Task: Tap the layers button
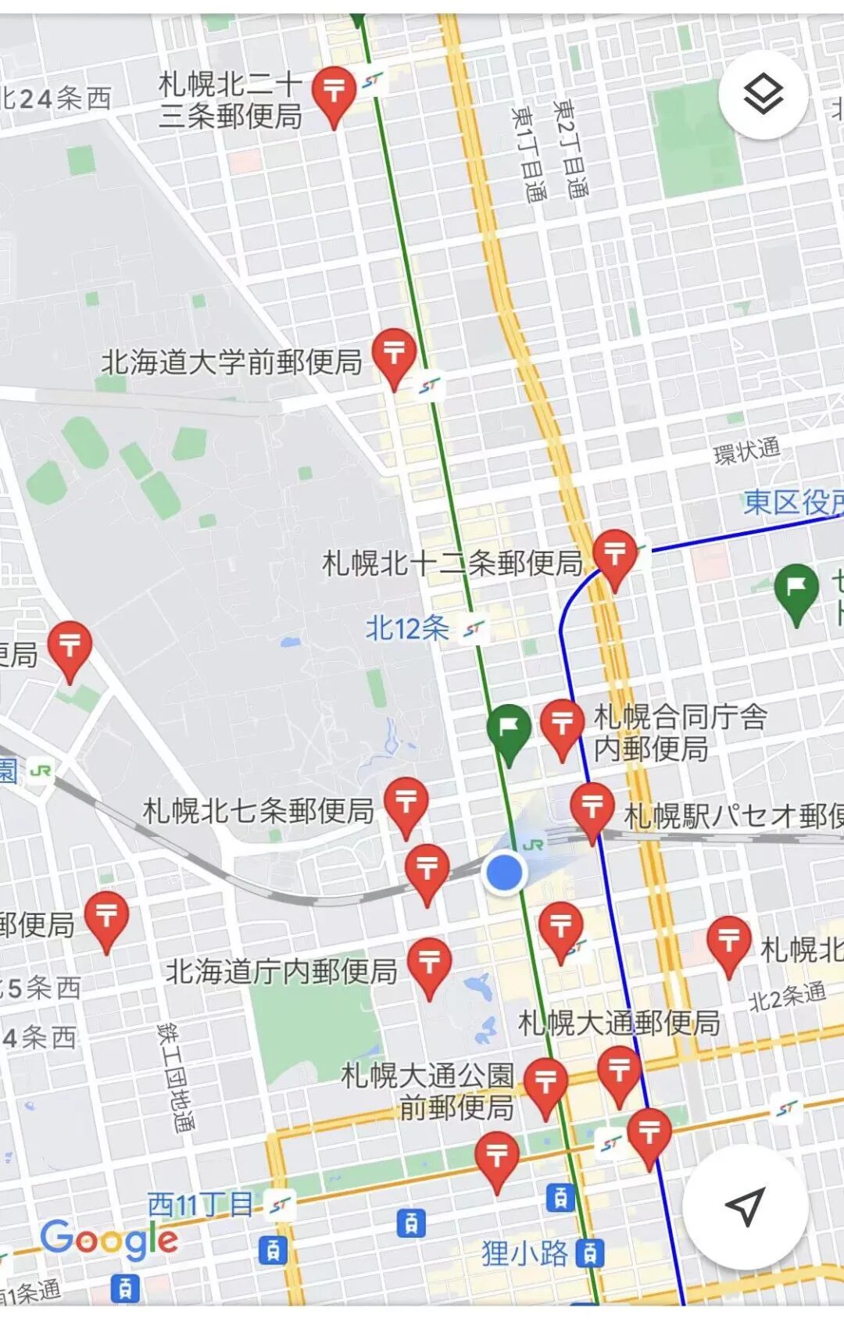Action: pyautogui.click(x=763, y=95)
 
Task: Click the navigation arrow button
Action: pyautogui.click(x=745, y=1206)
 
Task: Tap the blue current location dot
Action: pyautogui.click(x=504, y=872)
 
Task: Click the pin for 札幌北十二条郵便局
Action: pyautogui.click(x=615, y=556)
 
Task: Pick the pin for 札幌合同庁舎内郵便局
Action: pyautogui.click(x=563, y=726)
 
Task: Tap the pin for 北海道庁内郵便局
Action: pyautogui.click(x=430, y=964)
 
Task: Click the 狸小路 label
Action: pyautogui.click(x=524, y=1253)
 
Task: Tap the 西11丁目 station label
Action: pyautogui.click(x=200, y=1204)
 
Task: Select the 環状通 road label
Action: pyautogui.click(x=746, y=451)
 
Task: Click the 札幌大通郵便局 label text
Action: pyautogui.click(x=619, y=1022)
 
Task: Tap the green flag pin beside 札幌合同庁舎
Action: pyautogui.click(x=509, y=731)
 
